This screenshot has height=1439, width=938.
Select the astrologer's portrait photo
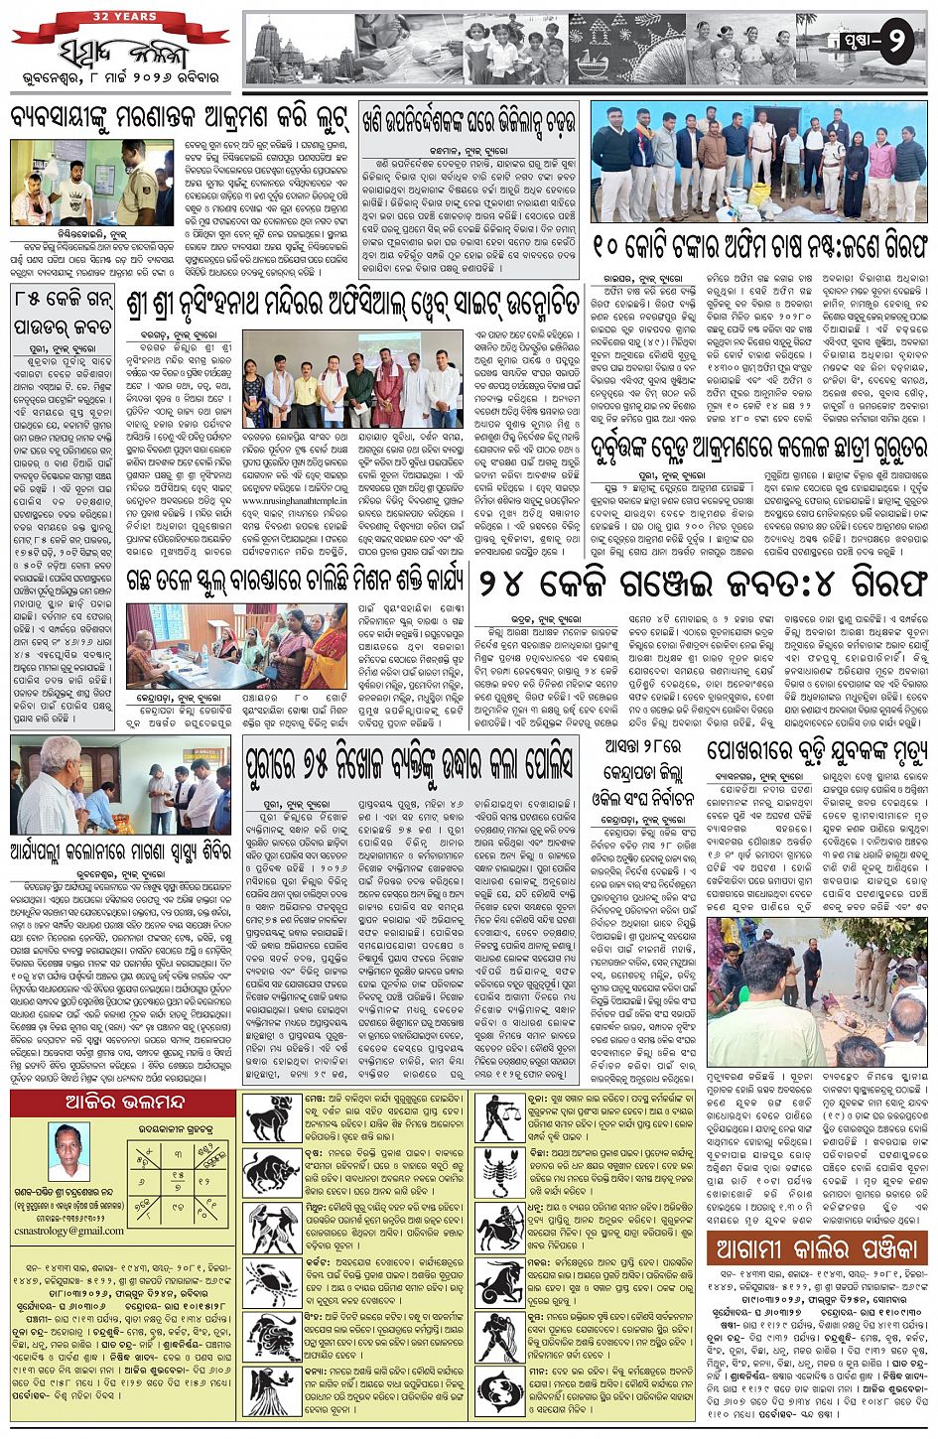[68, 1150]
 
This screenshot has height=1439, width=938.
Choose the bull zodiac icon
[274, 1174]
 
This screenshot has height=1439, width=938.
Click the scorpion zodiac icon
[501, 1170]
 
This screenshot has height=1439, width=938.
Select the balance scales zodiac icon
[501, 1116]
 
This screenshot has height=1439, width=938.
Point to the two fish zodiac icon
[501, 1389]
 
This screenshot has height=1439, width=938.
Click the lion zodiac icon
[274, 1335]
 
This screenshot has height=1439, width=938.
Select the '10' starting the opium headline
[614, 244]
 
